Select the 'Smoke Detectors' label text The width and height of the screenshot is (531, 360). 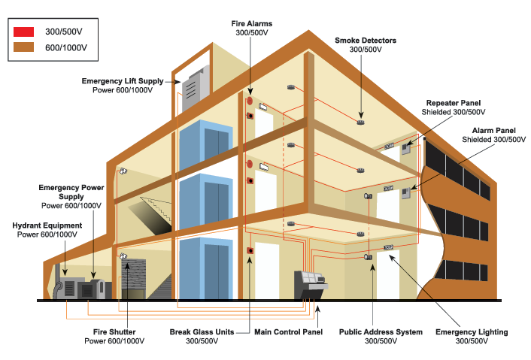[365, 40]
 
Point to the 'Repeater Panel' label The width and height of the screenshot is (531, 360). [453, 103]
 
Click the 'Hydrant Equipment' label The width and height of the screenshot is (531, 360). [47, 225]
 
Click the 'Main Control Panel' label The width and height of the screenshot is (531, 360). [288, 331]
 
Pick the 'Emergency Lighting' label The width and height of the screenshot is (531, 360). [472, 331]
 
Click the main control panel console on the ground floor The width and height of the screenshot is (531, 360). [310, 284]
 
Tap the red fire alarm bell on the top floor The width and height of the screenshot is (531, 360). [249, 101]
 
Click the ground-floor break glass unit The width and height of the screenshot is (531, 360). [250, 251]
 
